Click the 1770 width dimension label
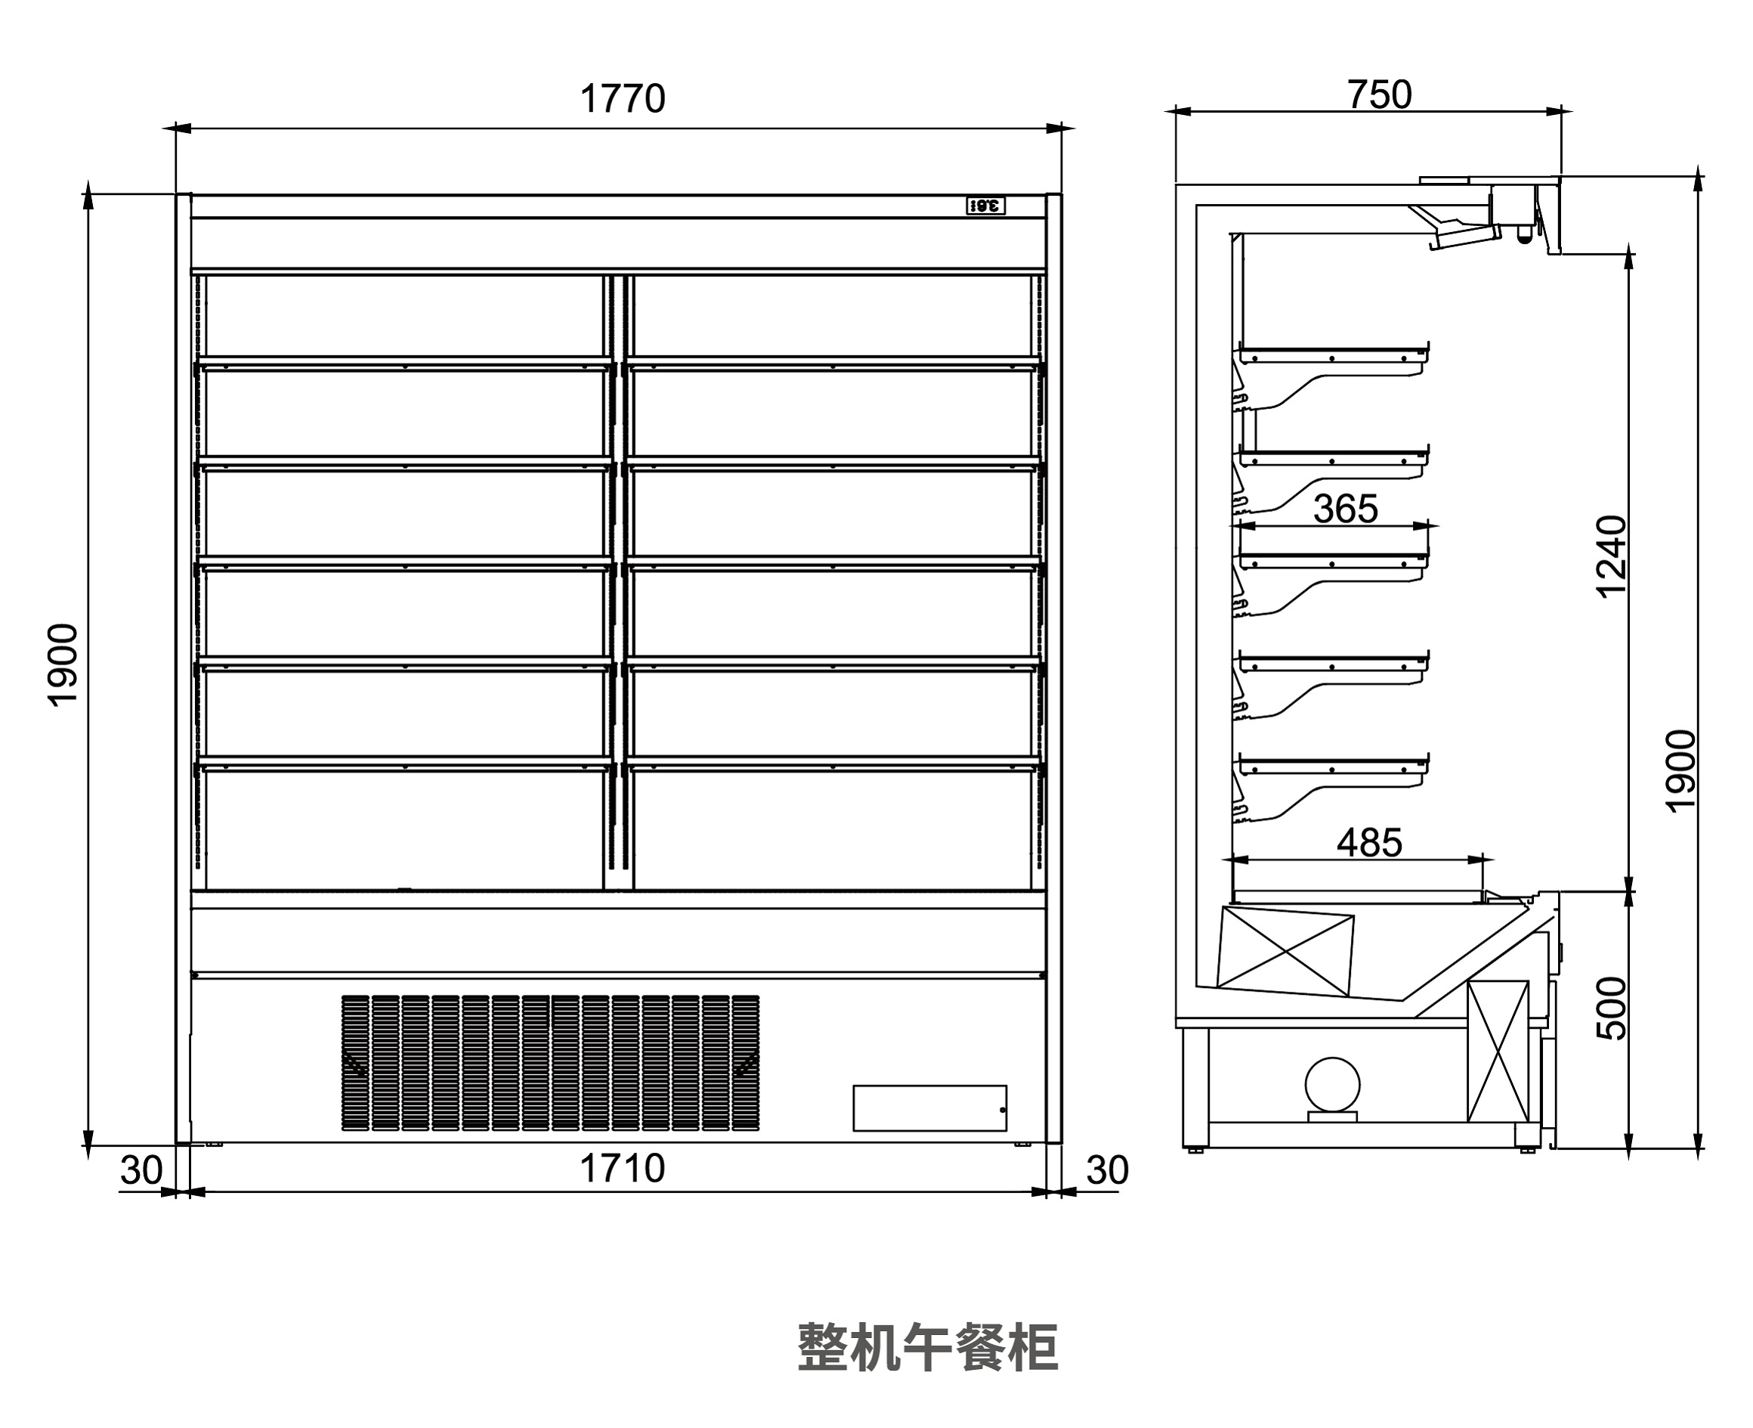click(623, 100)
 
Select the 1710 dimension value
click(622, 1169)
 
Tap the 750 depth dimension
click(1379, 95)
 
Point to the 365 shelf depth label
click(1345, 510)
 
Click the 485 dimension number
click(1369, 843)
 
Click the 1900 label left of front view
click(63, 665)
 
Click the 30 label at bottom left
click(141, 1170)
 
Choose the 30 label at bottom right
click(1107, 1170)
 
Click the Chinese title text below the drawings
click(927, 1347)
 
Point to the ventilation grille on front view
click(550, 1063)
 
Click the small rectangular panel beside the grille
click(929, 1108)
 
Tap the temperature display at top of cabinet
click(985, 206)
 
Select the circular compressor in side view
click(1332, 1084)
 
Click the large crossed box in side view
click(1285, 952)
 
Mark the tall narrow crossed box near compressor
click(1498, 1052)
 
